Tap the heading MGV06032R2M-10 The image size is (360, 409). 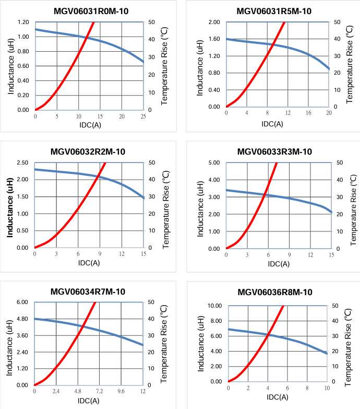88,152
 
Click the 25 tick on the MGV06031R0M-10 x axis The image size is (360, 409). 143,116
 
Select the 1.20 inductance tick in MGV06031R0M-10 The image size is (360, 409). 23,22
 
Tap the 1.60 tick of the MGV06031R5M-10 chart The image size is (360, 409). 214,39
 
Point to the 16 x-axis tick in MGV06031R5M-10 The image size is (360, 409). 308,113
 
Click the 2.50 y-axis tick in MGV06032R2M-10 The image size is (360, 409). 22,163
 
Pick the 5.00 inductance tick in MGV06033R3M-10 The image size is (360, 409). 214,163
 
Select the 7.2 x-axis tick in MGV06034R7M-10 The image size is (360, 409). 100,391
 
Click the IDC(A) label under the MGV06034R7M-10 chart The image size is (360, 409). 89,401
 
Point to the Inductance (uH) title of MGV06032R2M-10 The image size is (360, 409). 9,205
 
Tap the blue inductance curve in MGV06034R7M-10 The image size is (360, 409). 104,332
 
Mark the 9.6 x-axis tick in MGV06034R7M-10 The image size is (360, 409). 122,391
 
